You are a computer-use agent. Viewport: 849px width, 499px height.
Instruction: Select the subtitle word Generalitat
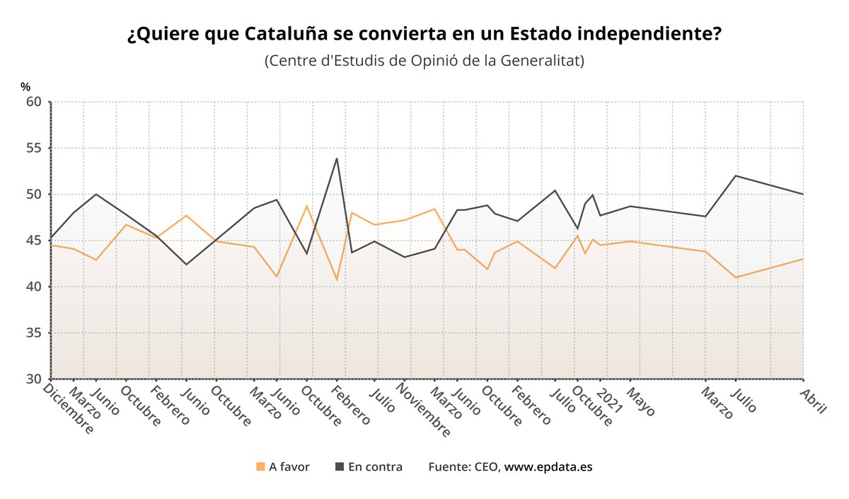(539, 61)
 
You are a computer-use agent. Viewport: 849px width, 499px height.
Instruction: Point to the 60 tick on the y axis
(34, 102)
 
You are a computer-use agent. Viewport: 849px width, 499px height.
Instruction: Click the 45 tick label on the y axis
(34, 241)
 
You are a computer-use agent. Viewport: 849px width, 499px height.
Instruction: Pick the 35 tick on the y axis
(34, 333)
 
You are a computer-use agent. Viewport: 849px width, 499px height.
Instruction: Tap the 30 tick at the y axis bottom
(34, 379)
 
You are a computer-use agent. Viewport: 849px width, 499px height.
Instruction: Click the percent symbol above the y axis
(25, 87)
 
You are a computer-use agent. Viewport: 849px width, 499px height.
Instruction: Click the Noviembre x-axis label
(424, 411)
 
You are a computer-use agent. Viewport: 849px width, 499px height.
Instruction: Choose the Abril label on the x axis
(814, 399)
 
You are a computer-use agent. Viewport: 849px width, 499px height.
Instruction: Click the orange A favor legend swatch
(260, 466)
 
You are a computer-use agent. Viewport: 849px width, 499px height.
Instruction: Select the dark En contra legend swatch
(340, 466)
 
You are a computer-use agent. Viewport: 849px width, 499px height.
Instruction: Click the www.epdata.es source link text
(548, 467)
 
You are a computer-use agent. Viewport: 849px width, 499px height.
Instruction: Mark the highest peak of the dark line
(337, 158)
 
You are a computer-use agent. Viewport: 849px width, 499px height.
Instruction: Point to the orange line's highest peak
(307, 206)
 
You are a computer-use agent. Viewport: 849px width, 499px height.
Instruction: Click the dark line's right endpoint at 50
(803, 194)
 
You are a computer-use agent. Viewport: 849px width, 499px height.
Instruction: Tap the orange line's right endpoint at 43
(803, 258)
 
